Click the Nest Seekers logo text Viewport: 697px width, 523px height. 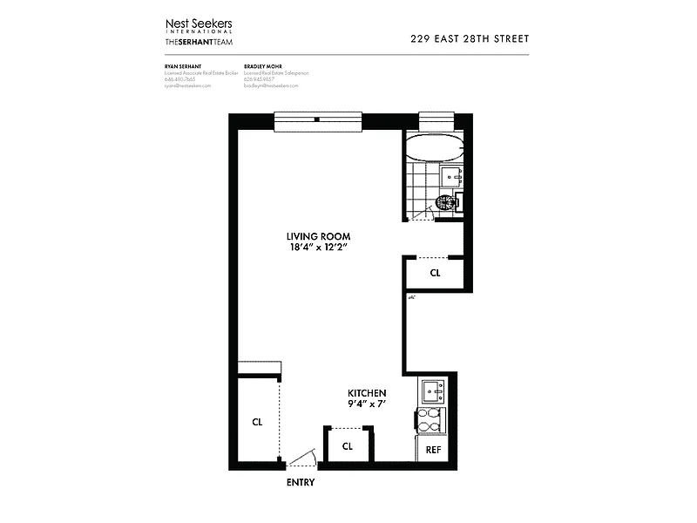(199, 24)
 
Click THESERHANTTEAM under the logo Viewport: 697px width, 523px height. (199, 42)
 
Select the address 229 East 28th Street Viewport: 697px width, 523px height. (469, 38)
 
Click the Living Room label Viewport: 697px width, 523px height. (320, 236)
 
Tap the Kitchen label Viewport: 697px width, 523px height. (366, 393)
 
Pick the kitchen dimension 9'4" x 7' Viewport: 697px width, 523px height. (366, 404)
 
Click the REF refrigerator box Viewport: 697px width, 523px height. (432, 449)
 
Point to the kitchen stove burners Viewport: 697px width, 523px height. (431, 420)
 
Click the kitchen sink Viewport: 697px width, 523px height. (432, 390)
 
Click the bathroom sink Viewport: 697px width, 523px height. (453, 177)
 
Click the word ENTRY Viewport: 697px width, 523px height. (300, 482)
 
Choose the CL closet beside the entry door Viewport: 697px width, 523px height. (347, 445)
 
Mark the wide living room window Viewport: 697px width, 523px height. (317, 122)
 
